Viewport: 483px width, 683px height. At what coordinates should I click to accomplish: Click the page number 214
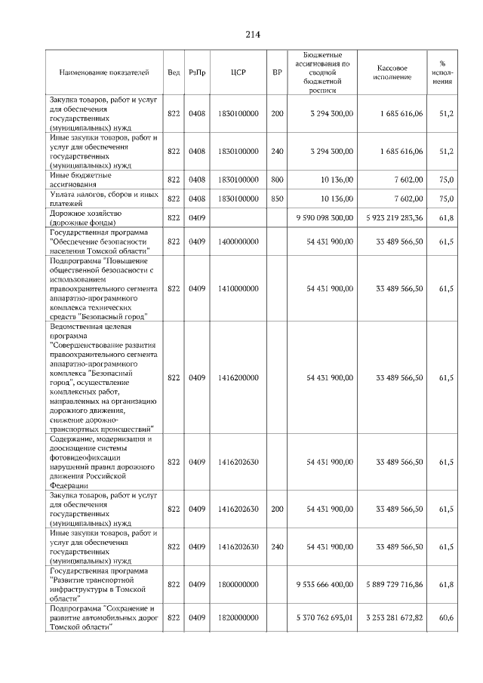(252, 34)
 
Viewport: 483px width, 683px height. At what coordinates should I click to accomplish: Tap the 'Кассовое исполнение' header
(392, 72)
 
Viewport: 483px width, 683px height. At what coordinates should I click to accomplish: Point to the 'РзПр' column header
(197, 72)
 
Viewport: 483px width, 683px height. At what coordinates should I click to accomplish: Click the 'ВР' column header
(277, 72)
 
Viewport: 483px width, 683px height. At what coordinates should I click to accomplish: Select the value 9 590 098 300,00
(320, 217)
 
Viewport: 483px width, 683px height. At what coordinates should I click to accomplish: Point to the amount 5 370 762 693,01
(320, 617)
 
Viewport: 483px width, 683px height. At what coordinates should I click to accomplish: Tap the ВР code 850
(277, 198)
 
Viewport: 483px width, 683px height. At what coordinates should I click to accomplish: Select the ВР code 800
(277, 180)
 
